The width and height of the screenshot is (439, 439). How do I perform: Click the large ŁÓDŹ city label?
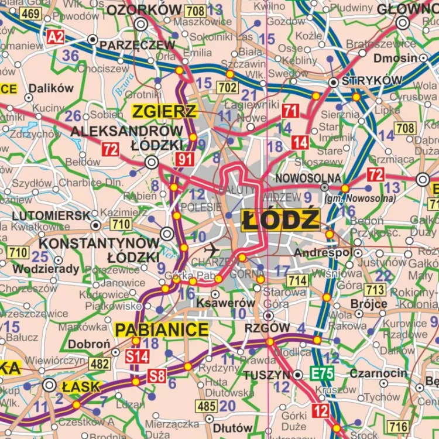click(281, 220)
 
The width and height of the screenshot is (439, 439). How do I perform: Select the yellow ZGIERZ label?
click(164, 111)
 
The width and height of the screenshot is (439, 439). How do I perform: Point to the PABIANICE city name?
click(162, 330)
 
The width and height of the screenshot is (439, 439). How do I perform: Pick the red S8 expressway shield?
click(156, 376)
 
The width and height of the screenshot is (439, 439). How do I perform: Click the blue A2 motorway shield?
click(56, 38)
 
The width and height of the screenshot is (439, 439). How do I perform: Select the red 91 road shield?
click(186, 159)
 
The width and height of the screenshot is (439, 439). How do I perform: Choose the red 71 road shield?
click(290, 111)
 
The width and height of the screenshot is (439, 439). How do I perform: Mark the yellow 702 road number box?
click(227, 88)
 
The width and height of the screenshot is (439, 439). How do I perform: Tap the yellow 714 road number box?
click(297, 281)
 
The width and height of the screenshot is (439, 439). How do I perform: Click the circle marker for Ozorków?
click(141, 24)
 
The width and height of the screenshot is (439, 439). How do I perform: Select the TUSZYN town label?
click(267, 375)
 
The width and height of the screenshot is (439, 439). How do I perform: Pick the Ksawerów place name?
click(226, 303)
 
